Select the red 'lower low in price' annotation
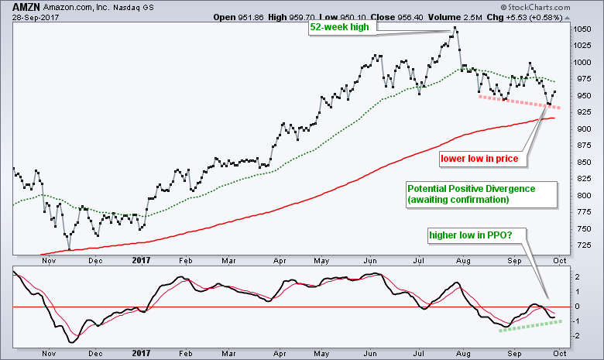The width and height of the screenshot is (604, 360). click(479, 159)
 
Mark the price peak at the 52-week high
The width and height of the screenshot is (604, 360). click(455, 29)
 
